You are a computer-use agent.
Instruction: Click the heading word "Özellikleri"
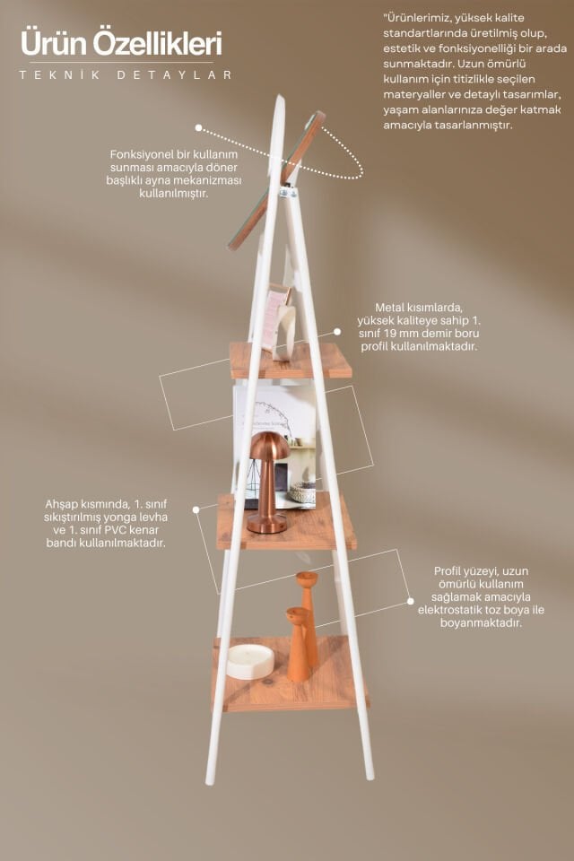click(x=157, y=43)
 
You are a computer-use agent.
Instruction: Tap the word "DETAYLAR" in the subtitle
click(x=175, y=75)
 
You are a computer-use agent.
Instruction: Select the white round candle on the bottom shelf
click(x=250, y=661)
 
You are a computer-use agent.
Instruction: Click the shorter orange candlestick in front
click(x=299, y=645)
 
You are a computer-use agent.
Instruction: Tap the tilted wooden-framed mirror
click(x=276, y=181)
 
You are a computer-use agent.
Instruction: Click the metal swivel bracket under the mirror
click(x=287, y=192)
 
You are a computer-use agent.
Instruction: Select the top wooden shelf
click(x=291, y=361)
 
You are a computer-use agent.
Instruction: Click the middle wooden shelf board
click(x=286, y=522)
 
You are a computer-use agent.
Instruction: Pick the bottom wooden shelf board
click(x=290, y=674)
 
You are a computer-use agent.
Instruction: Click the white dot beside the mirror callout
click(x=198, y=128)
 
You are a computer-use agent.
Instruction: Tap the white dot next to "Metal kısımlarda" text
click(x=336, y=332)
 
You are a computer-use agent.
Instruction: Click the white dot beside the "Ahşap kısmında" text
click(x=196, y=509)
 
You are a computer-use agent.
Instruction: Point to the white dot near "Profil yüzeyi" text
click(x=410, y=601)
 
